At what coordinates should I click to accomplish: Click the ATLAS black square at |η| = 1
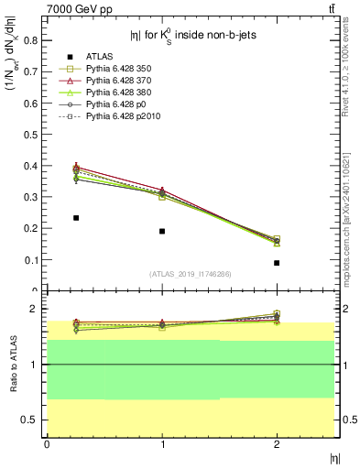coord(162,231)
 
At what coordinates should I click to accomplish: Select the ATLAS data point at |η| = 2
coord(277,263)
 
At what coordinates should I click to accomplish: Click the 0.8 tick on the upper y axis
coord(33,40)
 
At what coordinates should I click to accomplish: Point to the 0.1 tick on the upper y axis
coord(33,260)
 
